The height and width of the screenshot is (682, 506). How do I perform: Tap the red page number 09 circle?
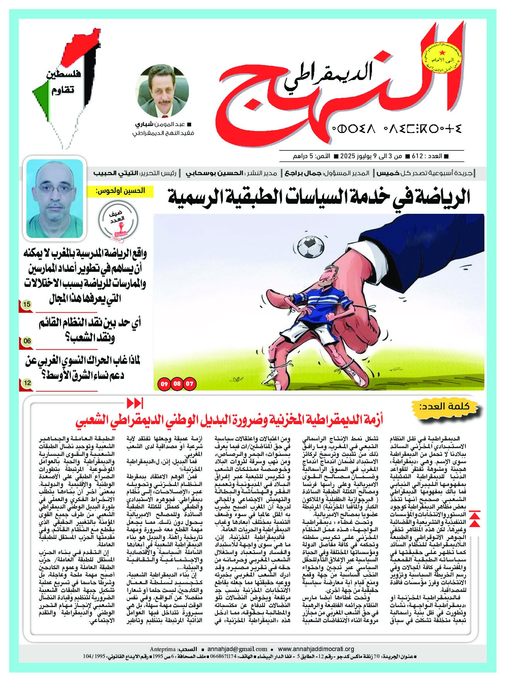[164, 384]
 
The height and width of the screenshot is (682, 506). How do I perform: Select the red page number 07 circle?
[190, 384]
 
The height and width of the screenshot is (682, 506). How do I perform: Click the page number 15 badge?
[27, 305]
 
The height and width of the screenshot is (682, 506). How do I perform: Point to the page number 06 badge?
[27, 341]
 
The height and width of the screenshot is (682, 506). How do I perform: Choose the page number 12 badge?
[27, 383]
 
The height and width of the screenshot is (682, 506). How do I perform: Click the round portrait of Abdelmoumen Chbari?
[163, 92]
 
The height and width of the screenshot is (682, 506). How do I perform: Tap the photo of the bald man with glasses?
[54, 198]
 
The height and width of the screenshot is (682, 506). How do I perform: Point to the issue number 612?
[417, 156]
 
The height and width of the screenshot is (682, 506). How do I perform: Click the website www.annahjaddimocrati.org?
[316, 649]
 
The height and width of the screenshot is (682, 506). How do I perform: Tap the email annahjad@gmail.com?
[237, 649]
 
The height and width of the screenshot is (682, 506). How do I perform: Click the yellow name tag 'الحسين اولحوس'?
[120, 191]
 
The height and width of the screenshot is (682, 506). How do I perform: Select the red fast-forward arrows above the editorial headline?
[135, 403]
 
